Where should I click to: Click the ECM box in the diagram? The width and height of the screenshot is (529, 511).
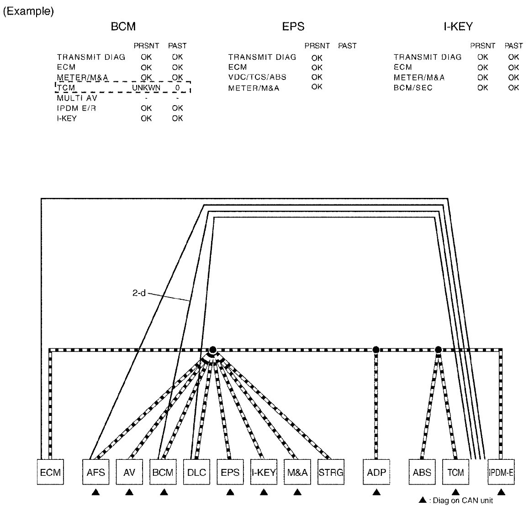(50, 472)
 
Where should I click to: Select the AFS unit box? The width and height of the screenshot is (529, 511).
(95, 472)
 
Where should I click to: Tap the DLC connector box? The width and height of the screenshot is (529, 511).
(196, 472)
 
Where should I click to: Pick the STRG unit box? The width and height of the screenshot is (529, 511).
(331, 472)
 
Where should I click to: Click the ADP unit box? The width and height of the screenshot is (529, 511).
(376, 472)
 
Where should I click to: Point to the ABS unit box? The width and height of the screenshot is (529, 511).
(422, 472)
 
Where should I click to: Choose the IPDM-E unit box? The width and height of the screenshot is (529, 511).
(501, 472)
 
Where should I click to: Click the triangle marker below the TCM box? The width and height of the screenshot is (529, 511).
(455, 492)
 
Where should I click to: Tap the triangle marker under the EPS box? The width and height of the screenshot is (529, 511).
(230, 492)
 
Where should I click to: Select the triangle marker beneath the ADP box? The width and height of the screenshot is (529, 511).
(376, 492)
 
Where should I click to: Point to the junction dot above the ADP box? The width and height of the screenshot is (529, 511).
(376, 350)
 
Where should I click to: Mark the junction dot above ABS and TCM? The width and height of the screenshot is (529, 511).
(439, 350)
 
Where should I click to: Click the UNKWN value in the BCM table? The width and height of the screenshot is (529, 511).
(146, 87)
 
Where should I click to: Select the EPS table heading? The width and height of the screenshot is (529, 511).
(293, 27)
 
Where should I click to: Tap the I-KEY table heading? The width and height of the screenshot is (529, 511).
(458, 27)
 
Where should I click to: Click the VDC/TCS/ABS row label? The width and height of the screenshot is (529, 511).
(258, 77)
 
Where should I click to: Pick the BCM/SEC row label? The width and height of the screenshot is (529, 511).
(413, 87)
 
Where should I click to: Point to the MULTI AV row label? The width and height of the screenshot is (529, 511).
(77, 98)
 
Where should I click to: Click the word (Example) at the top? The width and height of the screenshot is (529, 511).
(28, 11)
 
